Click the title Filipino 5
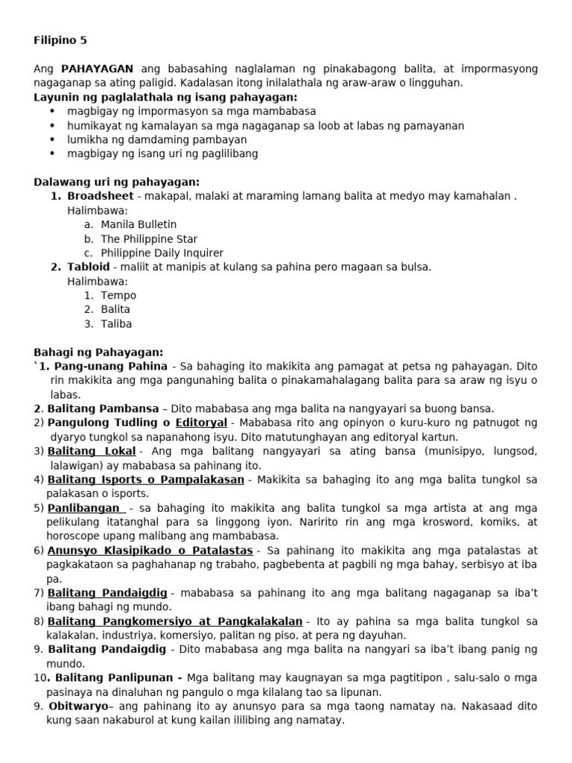60,40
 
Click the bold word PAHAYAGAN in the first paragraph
93,69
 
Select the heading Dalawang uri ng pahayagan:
117,183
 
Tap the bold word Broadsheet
100,196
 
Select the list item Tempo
118,296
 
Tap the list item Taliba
117,324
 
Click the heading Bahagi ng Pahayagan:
98,352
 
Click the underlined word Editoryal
201,423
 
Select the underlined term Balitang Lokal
92,452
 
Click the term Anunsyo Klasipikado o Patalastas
150,551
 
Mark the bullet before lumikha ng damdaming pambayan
52,139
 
